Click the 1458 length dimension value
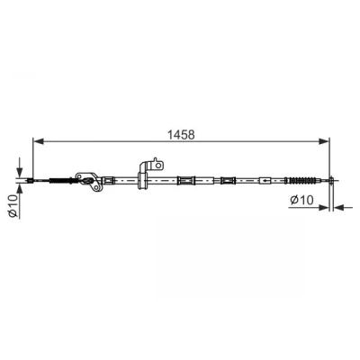pos(181,135)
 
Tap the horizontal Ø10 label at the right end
pos(301,200)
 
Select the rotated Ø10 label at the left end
pos(13,205)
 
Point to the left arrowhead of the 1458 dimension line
pos(39,140)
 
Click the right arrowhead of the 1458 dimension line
pos(324,140)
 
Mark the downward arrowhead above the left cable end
pos(19,172)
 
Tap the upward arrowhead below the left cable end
pos(19,189)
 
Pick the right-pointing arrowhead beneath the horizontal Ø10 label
pos(324,207)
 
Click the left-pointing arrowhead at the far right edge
pos(339,207)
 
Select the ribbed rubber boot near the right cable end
pos(301,181)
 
